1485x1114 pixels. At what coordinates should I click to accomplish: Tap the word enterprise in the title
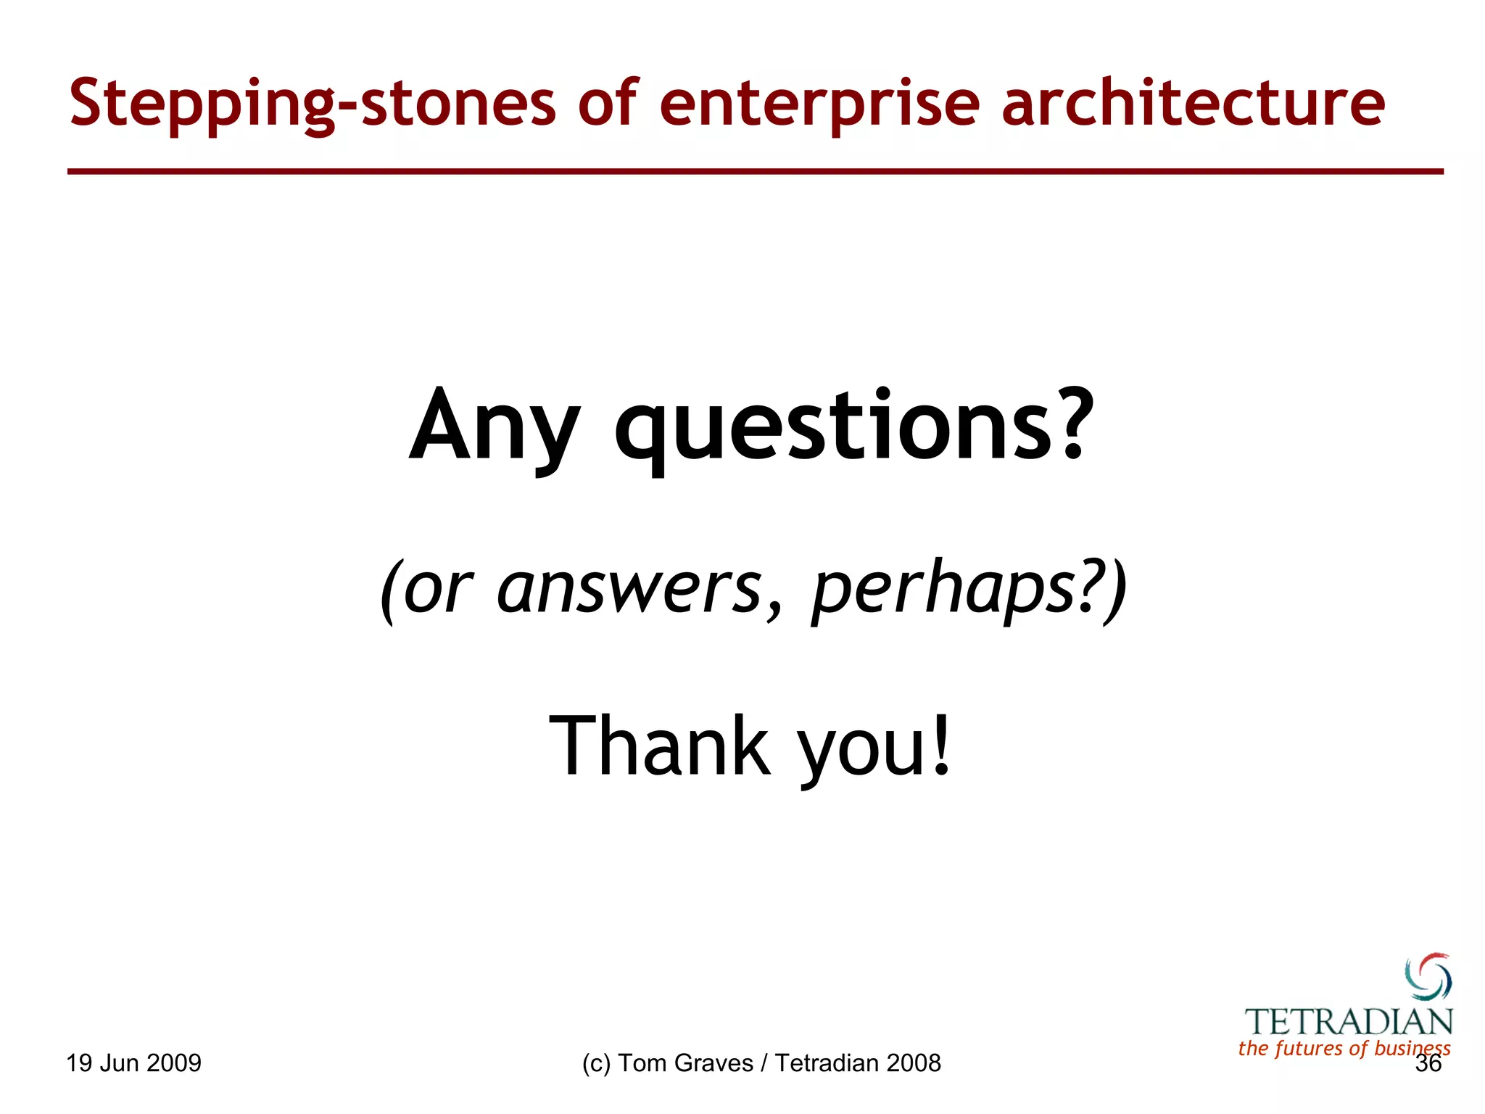[819, 104]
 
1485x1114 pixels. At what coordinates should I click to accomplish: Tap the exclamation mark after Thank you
[940, 743]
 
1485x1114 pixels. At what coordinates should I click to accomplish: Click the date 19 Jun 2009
[134, 1063]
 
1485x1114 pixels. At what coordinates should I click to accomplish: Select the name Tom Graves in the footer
[685, 1063]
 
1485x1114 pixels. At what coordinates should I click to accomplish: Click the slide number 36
[1428, 1064]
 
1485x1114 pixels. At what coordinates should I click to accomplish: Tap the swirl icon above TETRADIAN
[1428, 977]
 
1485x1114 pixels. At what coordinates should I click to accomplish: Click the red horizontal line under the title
[755, 172]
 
